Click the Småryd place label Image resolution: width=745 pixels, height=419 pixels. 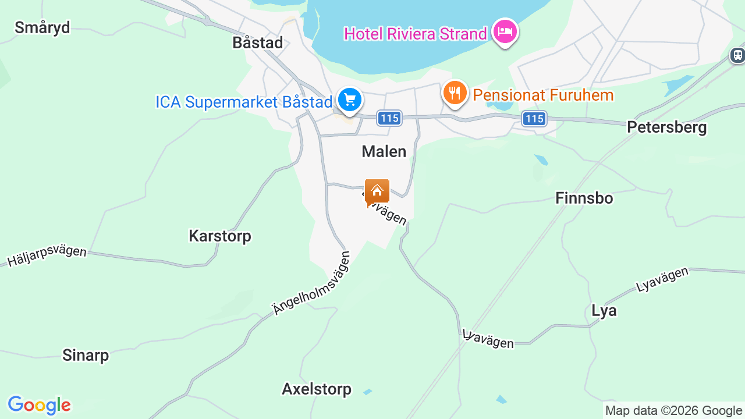pyautogui.click(x=42, y=27)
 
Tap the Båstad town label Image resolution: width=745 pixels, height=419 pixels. pyautogui.click(x=257, y=42)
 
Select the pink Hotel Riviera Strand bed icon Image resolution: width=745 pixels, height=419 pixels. pyautogui.click(x=505, y=31)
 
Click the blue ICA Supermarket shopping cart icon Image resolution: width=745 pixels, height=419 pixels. pyautogui.click(x=350, y=100)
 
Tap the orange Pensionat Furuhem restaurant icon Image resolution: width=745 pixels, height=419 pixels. pyautogui.click(x=455, y=93)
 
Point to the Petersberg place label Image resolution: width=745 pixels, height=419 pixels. pyautogui.click(x=666, y=127)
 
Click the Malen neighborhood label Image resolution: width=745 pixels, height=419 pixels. pyautogui.click(x=384, y=151)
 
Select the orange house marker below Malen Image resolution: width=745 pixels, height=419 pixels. pyautogui.click(x=377, y=191)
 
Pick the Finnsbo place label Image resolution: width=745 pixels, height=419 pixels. pyautogui.click(x=584, y=198)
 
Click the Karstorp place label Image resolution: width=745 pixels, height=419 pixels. pyautogui.click(x=219, y=236)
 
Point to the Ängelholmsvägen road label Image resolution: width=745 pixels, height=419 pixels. pyautogui.click(x=313, y=283)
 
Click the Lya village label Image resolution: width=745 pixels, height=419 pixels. pyautogui.click(x=604, y=311)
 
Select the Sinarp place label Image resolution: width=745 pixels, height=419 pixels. pyautogui.click(x=86, y=354)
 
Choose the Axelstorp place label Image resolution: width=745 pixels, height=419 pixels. pyautogui.click(x=316, y=389)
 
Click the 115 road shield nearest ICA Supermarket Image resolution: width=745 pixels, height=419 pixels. pyautogui.click(x=389, y=118)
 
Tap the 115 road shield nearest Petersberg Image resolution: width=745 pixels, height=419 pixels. pyautogui.click(x=534, y=119)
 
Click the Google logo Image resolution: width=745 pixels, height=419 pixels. pyautogui.click(x=39, y=405)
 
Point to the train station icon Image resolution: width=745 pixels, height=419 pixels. pyautogui.click(x=737, y=55)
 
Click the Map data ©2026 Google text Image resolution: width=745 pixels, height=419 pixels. pyautogui.click(x=673, y=410)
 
